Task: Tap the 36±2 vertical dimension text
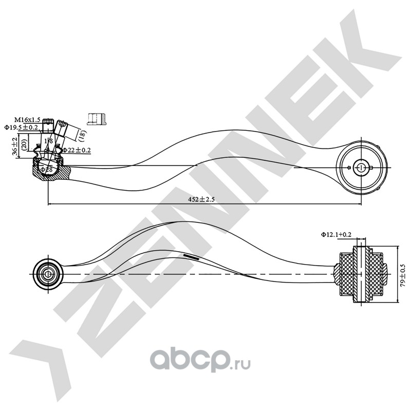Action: pos(15,146)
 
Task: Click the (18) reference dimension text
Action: pos(82,135)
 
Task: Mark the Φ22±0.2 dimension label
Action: pos(77,150)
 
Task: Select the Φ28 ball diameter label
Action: pos(48,169)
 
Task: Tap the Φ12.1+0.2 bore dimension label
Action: pos(337,234)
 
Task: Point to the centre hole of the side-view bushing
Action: pos(361,167)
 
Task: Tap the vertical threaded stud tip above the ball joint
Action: pos(48,123)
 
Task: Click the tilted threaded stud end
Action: pos(63,124)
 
